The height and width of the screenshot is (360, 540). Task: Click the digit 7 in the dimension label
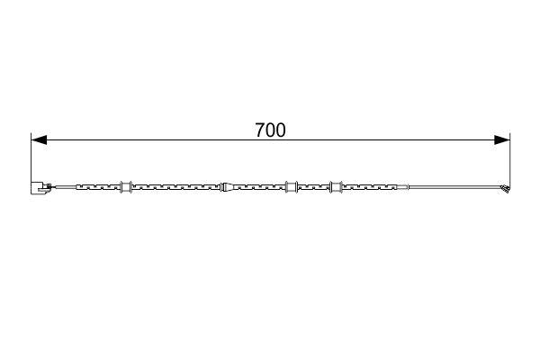pyautogui.click(x=260, y=130)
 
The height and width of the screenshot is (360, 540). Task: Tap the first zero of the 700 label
pyautogui.click(x=270, y=130)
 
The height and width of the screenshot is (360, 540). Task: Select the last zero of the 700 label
pyautogui.click(x=280, y=130)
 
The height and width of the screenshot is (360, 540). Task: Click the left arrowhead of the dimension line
pyautogui.click(x=39, y=139)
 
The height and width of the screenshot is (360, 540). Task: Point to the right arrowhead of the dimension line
pyautogui.click(x=502, y=139)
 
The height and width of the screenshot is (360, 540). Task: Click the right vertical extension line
pyautogui.click(x=510, y=160)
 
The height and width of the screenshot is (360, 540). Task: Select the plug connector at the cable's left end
pyautogui.click(x=40, y=188)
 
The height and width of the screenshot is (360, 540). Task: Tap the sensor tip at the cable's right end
pyautogui.click(x=505, y=189)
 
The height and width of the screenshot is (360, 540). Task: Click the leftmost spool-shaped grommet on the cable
pyautogui.click(x=126, y=186)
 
